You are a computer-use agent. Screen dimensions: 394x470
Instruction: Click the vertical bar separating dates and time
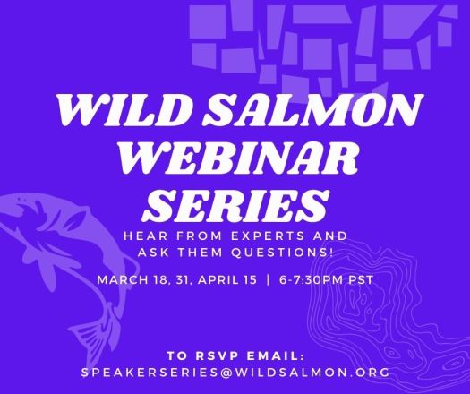point(269,279)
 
